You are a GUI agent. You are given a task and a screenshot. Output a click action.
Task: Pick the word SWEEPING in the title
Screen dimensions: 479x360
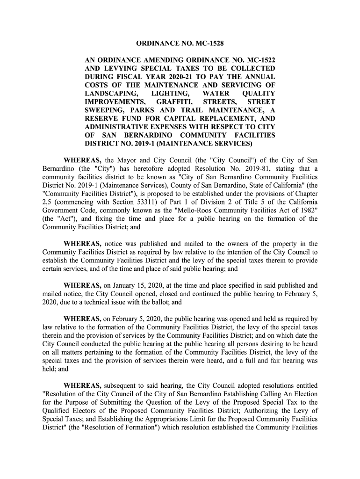[103, 111]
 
